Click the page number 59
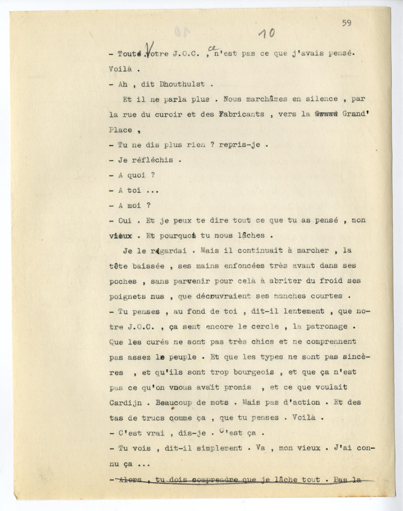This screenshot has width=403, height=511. tap(347, 23)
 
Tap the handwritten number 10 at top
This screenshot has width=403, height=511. tap(266, 32)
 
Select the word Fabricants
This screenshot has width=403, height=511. tap(241, 114)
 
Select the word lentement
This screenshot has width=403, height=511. tap(304, 311)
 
